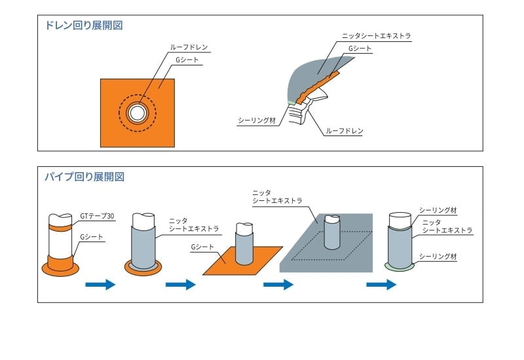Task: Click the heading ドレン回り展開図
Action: point(83,26)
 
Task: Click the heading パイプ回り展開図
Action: point(84,177)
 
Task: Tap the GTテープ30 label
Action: point(96,215)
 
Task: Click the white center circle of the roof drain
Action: point(137,113)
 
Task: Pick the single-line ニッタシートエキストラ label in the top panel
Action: point(376,36)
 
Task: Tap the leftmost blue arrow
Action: point(100,285)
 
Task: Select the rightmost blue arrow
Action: point(381,285)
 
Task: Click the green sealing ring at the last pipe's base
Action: point(400,266)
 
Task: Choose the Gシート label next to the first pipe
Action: point(92,237)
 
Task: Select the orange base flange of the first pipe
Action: point(60,268)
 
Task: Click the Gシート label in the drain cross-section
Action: point(359,48)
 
